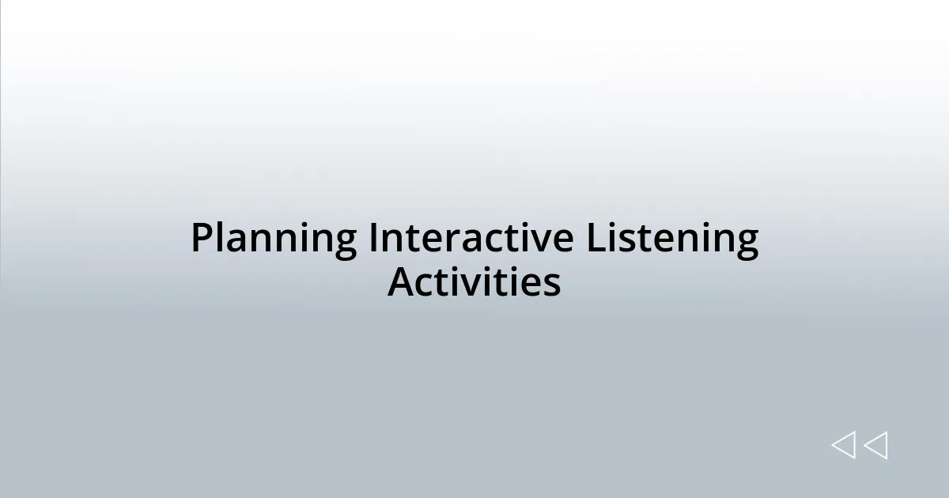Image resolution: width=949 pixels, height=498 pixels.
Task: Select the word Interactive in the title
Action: click(471, 238)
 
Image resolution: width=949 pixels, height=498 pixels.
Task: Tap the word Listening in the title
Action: click(672, 240)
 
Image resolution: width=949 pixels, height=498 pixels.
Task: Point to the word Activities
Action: click(474, 282)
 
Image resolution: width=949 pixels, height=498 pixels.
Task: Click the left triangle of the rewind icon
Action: click(843, 446)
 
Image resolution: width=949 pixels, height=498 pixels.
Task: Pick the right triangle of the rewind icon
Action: click(875, 446)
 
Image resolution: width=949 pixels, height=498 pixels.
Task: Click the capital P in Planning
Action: click(201, 238)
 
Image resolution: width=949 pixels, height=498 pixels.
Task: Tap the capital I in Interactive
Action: click(372, 238)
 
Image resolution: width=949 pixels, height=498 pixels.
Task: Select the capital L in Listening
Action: click(593, 238)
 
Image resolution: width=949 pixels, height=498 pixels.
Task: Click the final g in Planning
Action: click(345, 243)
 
